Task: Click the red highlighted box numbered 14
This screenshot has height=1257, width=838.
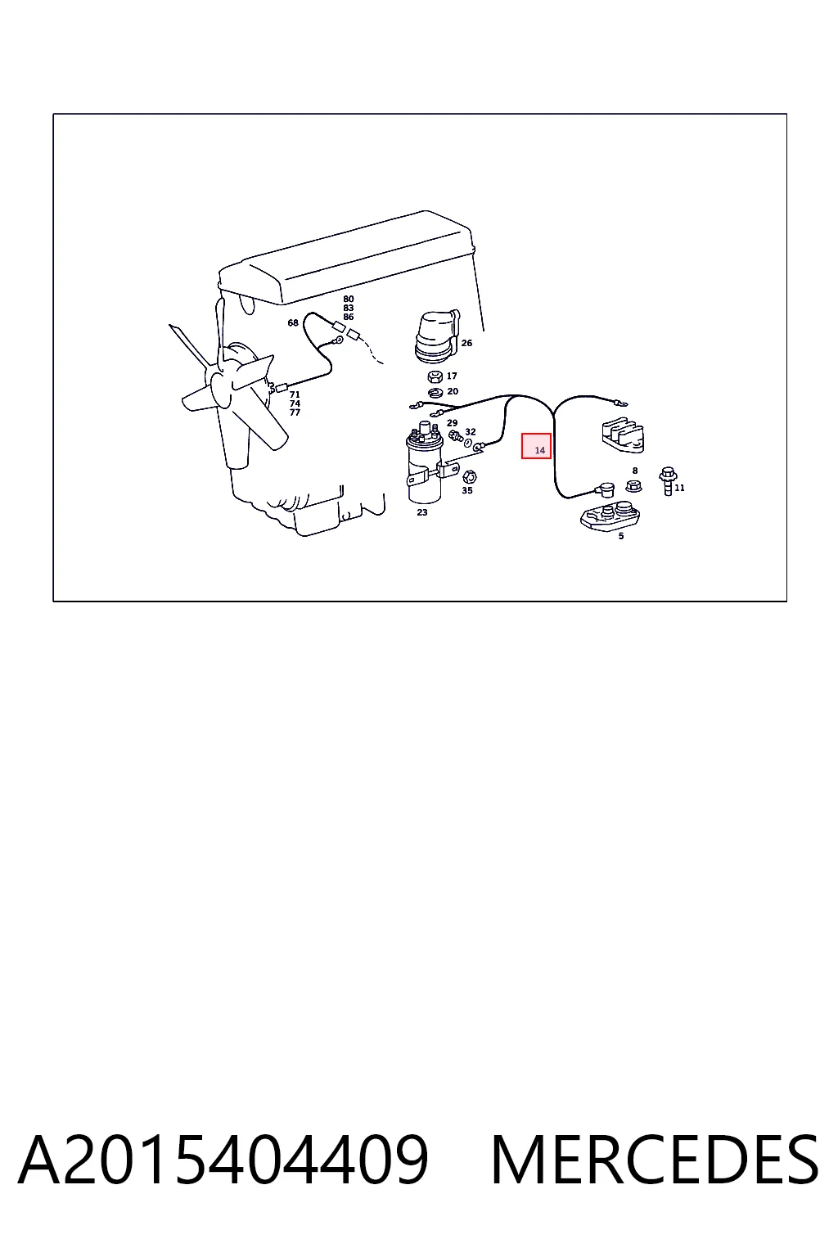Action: [x=535, y=446]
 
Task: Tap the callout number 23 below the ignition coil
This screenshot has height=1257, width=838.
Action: [x=422, y=512]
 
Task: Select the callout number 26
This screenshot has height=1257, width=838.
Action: [x=466, y=343]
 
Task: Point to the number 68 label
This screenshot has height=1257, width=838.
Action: [x=292, y=322]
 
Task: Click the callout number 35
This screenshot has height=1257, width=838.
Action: [x=467, y=490]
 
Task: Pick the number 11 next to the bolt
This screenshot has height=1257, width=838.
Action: [x=679, y=488]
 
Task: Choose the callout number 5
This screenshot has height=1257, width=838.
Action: [x=621, y=536]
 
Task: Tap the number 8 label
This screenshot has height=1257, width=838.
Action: [x=635, y=471]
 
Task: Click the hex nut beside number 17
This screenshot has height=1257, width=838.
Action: [x=435, y=376]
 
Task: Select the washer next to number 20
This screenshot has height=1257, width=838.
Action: [x=435, y=392]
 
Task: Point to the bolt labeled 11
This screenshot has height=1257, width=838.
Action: [x=667, y=481]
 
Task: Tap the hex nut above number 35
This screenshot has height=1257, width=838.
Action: [x=469, y=478]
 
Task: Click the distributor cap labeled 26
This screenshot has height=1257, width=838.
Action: [x=437, y=336]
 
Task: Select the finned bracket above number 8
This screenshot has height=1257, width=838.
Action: [x=623, y=435]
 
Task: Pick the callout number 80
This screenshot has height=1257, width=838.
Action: [x=348, y=299]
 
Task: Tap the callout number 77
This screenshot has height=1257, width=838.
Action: [x=295, y=412]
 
